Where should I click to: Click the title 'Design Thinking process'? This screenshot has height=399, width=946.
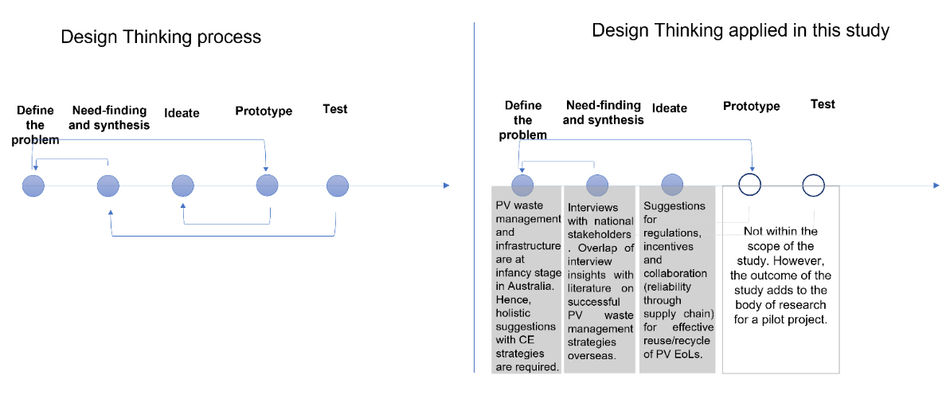click(x=161, y=37)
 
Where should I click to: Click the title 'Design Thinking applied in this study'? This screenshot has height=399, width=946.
click(x=741, y=31)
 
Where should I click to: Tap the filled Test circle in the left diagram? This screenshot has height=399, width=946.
click(x=338, y=186)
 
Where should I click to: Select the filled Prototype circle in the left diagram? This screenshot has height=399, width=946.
click(x=268, y=186)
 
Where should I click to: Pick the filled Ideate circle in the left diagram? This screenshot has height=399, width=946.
click(x=183, y=186)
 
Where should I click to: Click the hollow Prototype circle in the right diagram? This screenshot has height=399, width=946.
click(x=749, y=185)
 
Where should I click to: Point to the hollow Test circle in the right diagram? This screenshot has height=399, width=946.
click(x=813, y=185)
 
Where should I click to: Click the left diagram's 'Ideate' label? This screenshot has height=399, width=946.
click(x=182, y=113)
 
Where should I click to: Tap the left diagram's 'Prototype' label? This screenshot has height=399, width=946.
click(x=264, y=111)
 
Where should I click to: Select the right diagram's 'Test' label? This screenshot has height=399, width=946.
click(x=823, y=104)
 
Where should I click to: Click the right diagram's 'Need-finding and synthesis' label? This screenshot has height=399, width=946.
click(x=604, y=112)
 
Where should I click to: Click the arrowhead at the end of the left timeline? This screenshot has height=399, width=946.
click(x=447, y=186)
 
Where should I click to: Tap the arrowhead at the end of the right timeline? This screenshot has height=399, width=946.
click(x=937, y=186)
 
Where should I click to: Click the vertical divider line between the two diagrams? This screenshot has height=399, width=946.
click(x=475, y=199)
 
